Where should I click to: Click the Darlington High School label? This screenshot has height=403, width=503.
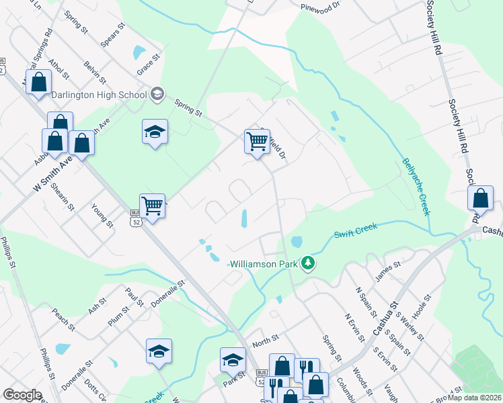coord(98,95)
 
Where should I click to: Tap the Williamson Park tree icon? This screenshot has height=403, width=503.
coord(308,263)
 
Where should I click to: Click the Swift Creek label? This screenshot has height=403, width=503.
coord(356,230)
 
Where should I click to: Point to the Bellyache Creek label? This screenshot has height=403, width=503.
coord(415,187)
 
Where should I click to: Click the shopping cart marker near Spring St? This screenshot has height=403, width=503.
coord(258,142)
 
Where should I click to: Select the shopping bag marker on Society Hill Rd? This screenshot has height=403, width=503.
coord(480,199)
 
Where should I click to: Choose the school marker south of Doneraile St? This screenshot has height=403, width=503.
coord(159,351)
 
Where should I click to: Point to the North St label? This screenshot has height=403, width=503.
coord(266,343)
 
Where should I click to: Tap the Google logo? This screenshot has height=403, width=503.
coord(22,395)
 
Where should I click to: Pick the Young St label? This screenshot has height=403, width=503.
coord(102,216)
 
